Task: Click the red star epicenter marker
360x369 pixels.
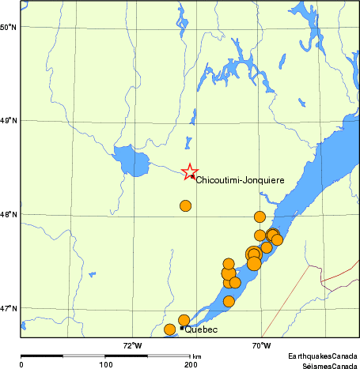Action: (x=189, y=171)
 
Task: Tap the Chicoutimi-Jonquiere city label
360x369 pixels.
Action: (x=240, y=180)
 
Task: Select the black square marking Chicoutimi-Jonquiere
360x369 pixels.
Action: (x=193, y=176)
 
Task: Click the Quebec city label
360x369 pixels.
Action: (x=201, y=330)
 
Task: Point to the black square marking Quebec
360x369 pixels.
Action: (x=183, y=328)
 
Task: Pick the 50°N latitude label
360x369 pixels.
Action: (x=9, y=27)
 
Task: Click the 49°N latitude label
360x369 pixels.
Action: (x=9, y=121)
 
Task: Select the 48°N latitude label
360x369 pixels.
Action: (x=9, y=214)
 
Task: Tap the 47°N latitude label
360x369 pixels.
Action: (x=9, y=308)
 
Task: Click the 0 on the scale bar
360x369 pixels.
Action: (x=21, y=364)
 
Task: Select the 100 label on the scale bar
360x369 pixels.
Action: (x=106, y=364)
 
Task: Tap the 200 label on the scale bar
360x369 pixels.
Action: (x=191, y=364)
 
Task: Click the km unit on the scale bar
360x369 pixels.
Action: (x=196, y=356)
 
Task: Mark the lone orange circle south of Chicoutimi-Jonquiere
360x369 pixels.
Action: (x=185, y=206)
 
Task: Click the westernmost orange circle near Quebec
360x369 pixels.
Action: (x=169, y=329)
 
